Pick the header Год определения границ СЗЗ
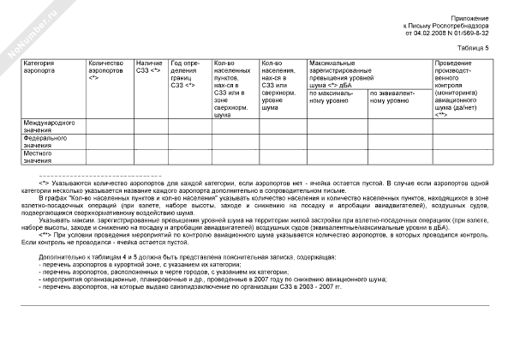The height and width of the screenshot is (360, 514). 186,75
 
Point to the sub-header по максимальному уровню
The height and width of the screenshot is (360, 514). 335,96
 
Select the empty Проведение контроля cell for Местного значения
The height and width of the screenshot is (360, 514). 463,157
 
